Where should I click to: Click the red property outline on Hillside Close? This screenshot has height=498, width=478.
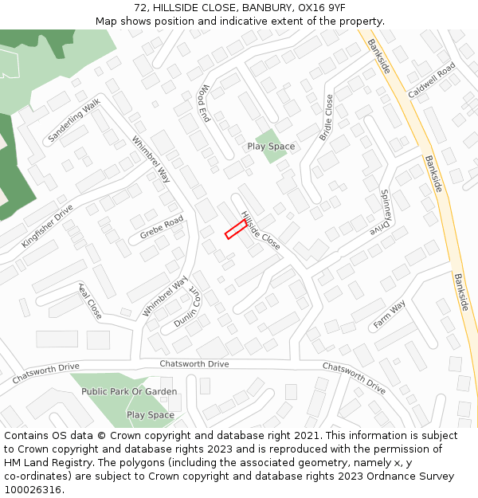click(x=235, y=230)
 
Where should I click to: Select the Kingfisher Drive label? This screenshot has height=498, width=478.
click(x=47, y=225)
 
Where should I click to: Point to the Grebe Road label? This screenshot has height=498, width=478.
click(x=162, y=227)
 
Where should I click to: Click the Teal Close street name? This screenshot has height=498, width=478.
click(x=90, y=300)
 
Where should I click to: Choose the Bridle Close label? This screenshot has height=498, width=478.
click(x=327, y=117)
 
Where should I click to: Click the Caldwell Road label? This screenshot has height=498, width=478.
click(x=431, y=80)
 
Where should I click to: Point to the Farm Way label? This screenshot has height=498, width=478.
click(x=390, y=315)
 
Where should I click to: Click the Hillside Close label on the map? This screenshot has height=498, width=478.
click(x=261, y=231)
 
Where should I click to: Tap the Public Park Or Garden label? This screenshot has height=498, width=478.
click(x=129, y=391)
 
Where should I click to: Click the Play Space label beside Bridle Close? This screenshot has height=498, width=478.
click(x=271, y=147)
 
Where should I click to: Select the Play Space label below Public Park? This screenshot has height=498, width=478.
click(x=151, y=415)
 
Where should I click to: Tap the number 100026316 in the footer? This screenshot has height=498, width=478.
click(x=33, y=490)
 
